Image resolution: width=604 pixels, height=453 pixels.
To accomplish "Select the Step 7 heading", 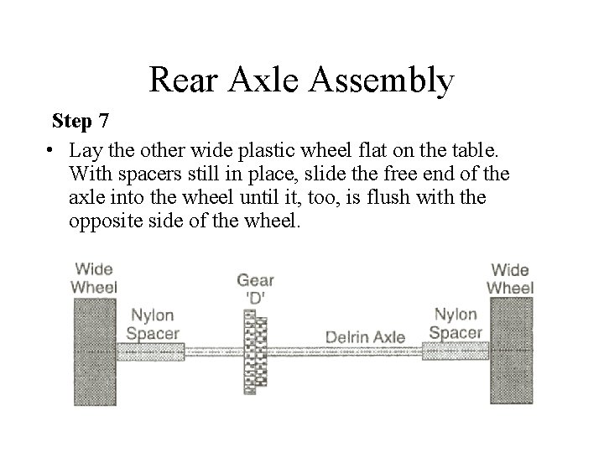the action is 80,121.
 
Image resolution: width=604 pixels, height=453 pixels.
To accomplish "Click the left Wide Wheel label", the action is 94,278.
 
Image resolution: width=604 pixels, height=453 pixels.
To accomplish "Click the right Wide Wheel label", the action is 510,279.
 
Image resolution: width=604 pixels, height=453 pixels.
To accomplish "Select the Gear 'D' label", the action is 255,288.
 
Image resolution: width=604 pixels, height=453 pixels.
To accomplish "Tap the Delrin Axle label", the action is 366,338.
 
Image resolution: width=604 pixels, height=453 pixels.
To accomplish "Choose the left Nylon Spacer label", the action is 152,324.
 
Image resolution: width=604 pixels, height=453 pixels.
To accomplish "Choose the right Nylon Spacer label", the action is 456,324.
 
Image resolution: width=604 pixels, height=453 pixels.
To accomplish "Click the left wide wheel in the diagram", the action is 95,351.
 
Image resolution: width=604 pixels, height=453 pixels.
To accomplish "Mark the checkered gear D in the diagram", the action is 255,351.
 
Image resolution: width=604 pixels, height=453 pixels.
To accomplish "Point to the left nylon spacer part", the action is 151,351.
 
